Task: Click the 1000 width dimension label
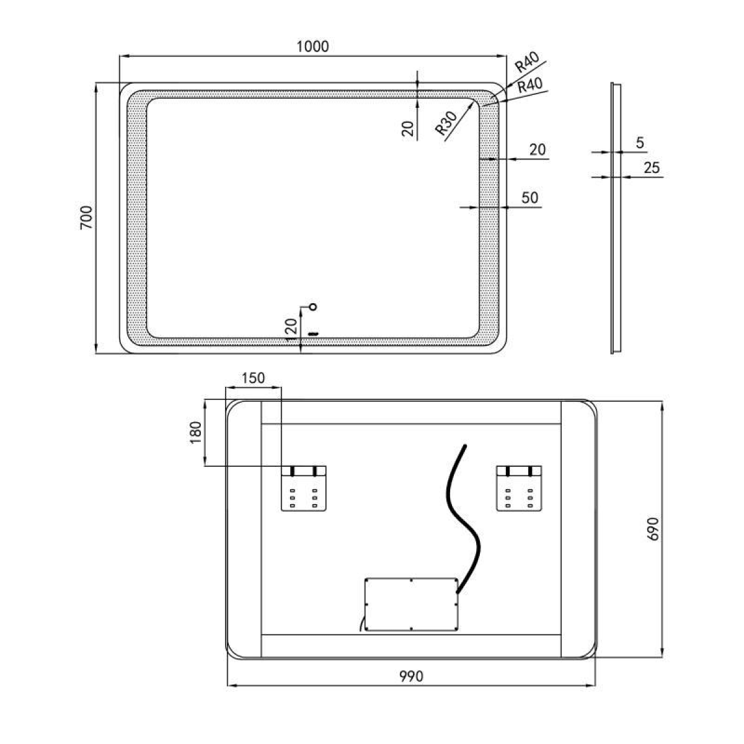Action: (x=312, y=46)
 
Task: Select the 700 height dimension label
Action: (x=87, y=218)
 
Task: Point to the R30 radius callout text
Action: (x=446, y=123)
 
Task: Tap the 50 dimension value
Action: (x=529, y=198)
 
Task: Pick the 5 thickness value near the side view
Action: (x=640, y=143)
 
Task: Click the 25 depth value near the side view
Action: (x=652, y=167)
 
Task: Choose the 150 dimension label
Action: (x=253, y=378)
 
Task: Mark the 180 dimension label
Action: (x=196, y=432)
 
